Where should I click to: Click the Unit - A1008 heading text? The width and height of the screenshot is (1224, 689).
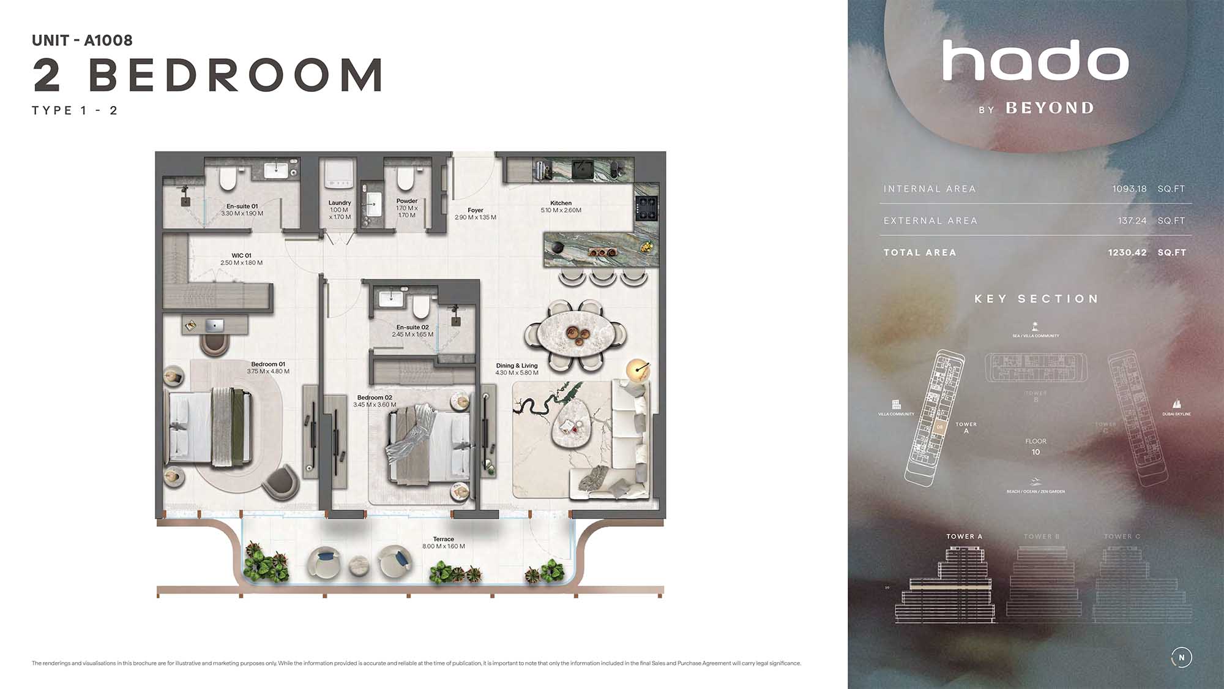pos(82,40)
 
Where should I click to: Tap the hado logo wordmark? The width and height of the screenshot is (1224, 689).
pos(1035,61)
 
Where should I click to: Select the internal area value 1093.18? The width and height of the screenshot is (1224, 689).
pos(1129,189)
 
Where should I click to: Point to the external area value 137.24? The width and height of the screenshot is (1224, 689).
pos(1132,220)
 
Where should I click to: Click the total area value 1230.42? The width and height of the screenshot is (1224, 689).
pos(1127,252)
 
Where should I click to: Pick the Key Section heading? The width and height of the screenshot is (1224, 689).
pos(1036,299)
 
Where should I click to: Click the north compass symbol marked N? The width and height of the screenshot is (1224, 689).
pos(1181,657)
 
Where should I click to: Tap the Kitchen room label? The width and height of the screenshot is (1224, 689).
pos(561,203)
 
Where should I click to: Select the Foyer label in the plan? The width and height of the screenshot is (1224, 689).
pos(475,210)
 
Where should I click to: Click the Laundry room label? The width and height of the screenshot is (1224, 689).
pos(340,203)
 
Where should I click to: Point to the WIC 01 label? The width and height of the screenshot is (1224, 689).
pos(241,255)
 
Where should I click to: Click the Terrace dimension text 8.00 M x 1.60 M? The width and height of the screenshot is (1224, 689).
pos(443,546)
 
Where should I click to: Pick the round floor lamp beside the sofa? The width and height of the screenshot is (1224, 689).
pos(638,369)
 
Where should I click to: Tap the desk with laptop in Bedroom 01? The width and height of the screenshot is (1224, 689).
pos(214,325)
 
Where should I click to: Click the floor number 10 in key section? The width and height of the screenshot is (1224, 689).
pos(1036,452)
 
